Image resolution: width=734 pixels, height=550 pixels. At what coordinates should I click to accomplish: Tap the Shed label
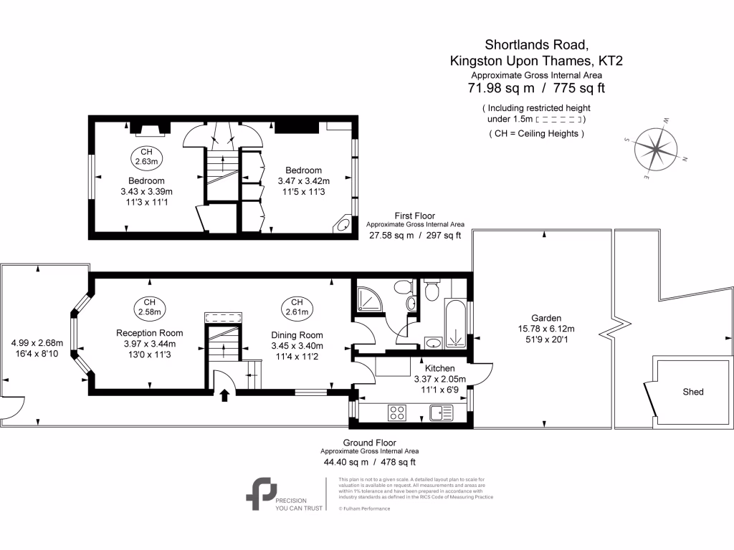click(x=693, y=392)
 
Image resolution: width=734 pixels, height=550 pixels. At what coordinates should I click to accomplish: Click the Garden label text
click(x=545, y=318)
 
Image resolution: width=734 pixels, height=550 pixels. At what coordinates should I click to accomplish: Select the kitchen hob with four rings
click(x=397, y=412)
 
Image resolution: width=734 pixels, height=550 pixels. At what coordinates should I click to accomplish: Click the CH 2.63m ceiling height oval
click(x=146, y=157)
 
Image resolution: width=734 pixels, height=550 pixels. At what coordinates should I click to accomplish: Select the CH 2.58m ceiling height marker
click(x=149, y=307)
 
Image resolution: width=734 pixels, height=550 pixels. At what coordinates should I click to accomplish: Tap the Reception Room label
click(x=150, y=333)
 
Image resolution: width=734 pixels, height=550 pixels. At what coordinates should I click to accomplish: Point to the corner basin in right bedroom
click(x=343, y=225)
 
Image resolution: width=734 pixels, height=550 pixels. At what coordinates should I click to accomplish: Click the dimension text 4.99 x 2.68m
click(x=37, y=342)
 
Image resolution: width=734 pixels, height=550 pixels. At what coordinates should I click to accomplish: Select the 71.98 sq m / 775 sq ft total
click(x=537, y=88)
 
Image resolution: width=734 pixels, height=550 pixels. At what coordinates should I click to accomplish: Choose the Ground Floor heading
click(x=369, y=443)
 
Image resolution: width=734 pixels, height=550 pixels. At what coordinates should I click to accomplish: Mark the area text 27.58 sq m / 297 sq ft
click(x=415, y=235)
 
